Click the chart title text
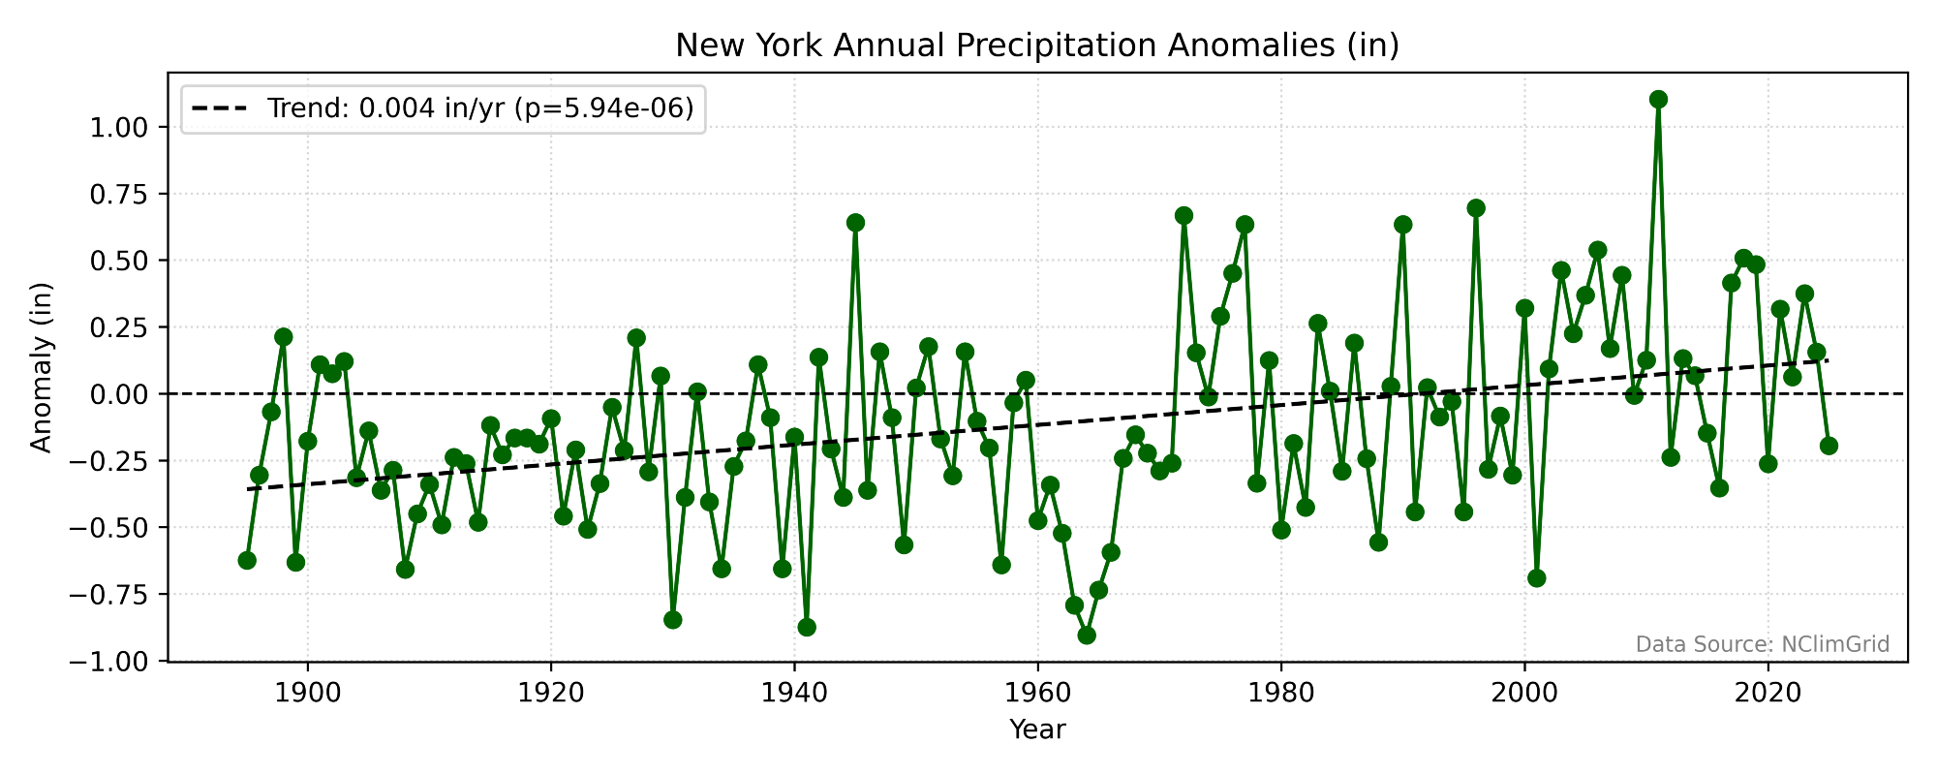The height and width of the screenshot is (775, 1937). tap(1037, 46)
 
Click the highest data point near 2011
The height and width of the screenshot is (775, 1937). tap(1658, 99)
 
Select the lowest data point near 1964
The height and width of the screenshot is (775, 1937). tap(1087, 635)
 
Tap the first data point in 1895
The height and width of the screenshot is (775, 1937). tap(247, 560)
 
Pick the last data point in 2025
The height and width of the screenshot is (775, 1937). tap(1829, 446)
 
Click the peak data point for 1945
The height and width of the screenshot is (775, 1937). tap(855, 223)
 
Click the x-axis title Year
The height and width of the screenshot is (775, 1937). tap(1037, 729)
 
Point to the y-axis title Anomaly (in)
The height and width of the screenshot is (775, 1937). tap(41, 367)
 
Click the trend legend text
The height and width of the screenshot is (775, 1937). tap(480, 108)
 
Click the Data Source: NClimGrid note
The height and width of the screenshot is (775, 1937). tap(1762, 645)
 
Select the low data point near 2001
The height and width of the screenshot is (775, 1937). tap(1536, 578)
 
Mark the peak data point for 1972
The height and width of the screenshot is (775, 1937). tap(1184, 215)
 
